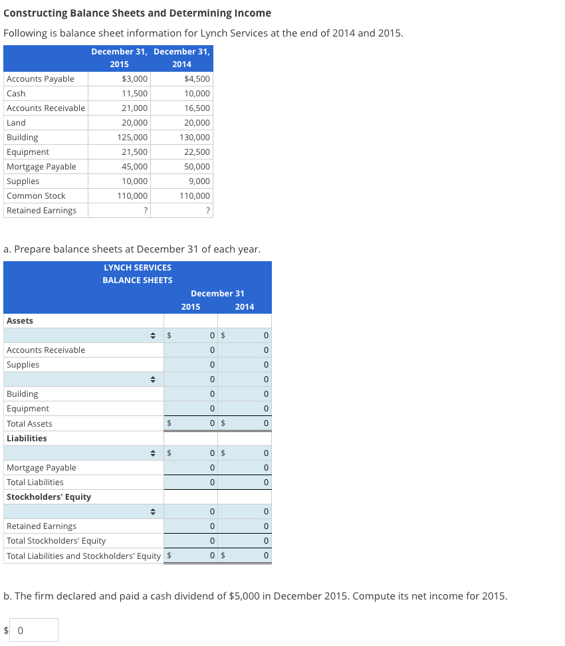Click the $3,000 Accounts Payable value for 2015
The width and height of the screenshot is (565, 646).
coord(135,79)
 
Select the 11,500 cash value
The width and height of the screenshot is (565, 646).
coord(135,94)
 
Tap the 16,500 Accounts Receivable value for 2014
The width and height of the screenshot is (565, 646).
coord(197,108)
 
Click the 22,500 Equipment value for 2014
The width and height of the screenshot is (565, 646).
coord(197,152)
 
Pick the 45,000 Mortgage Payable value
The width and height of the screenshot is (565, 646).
coord(135,167)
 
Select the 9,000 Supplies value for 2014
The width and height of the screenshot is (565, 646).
coord(199,181)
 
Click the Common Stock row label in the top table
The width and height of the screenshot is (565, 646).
coord(36,196)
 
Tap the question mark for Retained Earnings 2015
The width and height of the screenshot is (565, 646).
coord(146,211)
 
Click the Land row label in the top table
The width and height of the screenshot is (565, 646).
coord(16,123)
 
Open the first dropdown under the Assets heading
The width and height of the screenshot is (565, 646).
coord(84,336)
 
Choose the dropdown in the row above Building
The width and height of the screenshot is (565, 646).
coord(84,379)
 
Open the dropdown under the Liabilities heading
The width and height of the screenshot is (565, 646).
coord(84,453)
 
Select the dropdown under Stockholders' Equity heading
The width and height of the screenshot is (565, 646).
coord(84,512)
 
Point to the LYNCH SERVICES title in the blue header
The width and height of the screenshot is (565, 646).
coord(138,267)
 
